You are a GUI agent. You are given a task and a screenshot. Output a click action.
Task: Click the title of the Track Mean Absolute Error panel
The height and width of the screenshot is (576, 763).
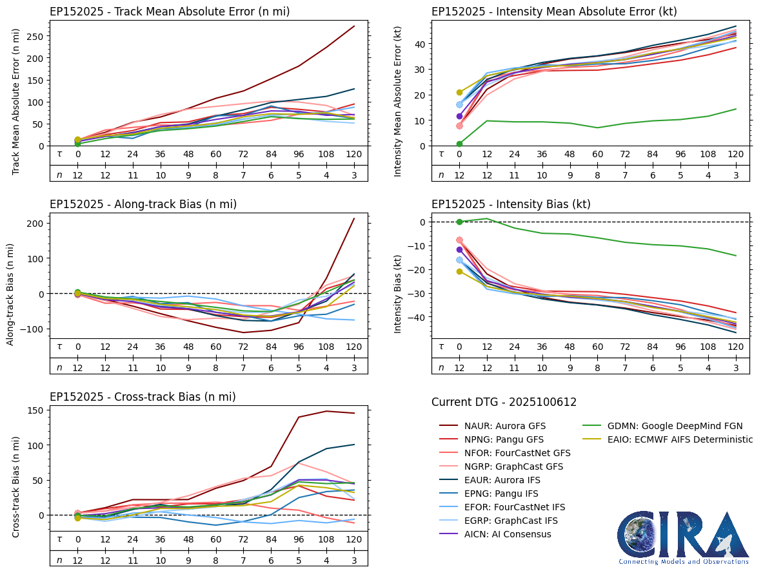click(x=170, y=11)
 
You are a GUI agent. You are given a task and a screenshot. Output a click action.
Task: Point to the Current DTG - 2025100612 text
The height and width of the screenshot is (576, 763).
click(x=504, y=402)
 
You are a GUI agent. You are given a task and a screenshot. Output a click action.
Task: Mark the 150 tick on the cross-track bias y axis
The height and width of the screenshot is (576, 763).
click(x=36, y=410)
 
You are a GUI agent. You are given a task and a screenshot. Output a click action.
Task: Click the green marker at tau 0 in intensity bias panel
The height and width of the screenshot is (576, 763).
click(x=459, y=222)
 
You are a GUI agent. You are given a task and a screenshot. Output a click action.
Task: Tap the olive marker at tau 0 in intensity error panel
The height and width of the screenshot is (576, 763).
click(x=459, y=93)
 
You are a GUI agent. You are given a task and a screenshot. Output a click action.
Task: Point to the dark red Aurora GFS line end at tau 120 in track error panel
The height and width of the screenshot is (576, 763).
click(x=354, y=26)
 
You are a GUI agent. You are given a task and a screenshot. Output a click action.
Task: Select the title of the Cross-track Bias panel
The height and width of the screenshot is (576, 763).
click(x=143, y=397)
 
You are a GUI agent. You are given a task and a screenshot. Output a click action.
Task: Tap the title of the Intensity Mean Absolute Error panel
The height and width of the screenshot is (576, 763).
click(x=554, y=11)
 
